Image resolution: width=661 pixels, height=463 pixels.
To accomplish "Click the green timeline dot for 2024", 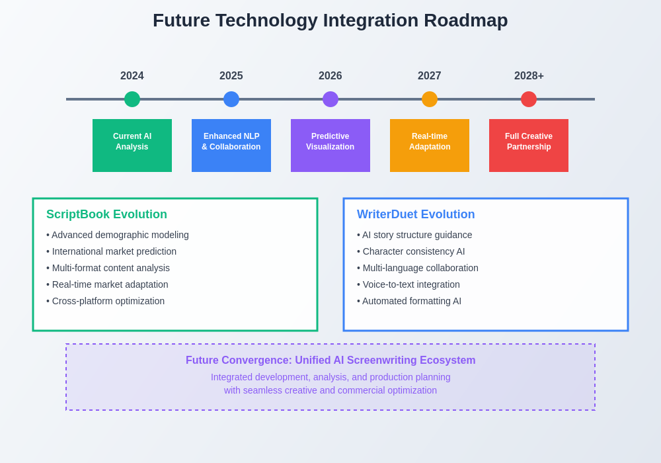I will click(x=132, y=99).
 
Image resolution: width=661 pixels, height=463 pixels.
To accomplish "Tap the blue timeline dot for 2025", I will click(x=231, y=99).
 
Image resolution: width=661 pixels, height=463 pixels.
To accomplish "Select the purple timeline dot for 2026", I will click(x=330, y=99).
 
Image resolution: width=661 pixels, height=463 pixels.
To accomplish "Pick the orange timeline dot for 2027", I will click(x=430, y=99).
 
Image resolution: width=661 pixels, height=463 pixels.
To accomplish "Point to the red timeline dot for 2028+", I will click(x=529, y=99).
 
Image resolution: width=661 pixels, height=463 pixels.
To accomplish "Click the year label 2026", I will click(x=330, y=76).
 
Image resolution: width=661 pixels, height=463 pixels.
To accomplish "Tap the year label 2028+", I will click(x=529, y=76).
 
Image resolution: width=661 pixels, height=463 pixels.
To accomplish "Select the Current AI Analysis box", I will click(x=132, y=146).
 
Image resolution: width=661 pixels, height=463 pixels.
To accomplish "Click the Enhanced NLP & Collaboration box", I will click(x=231, y=146).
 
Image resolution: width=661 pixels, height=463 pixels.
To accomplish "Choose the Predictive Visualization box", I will click(x=330, y=146).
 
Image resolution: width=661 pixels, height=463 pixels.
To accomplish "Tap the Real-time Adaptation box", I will click(x=430, y=146).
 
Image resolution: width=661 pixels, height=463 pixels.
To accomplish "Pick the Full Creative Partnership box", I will click(x=529, y=146).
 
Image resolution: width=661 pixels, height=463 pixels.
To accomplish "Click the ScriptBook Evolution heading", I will click(x=106, y=214).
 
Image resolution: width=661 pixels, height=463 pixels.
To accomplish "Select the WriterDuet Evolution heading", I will click(x=416, y=214).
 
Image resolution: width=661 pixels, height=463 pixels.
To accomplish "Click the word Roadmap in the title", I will click(x=465, y=21).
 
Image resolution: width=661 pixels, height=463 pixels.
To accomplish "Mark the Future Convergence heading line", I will click(x=330, y=360).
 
